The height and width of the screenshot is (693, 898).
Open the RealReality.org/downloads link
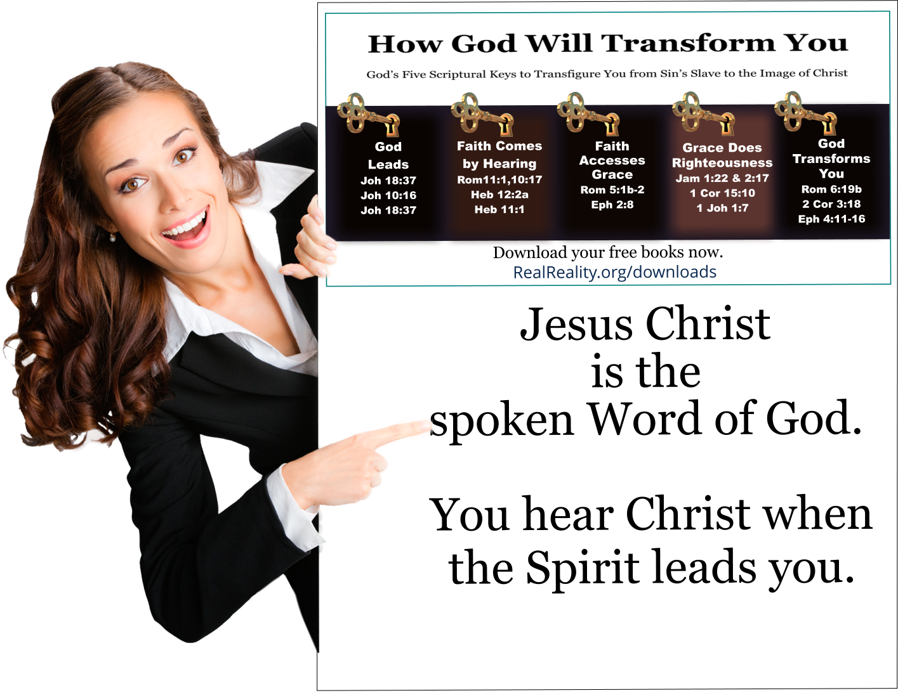pyautogui.click(x=614, y=272)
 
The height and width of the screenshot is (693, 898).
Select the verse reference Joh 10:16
pyautogui.click(x=388, y=195)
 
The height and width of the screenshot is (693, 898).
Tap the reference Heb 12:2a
pyautogui.click(x=499, y=195)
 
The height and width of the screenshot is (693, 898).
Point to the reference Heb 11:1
pyautogui.click(x=499, y=209)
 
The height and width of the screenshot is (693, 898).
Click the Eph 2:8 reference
pyautogui.click(x=612, y=204)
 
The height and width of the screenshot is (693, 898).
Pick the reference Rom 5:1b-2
pyautogui.click(x=612, y=190)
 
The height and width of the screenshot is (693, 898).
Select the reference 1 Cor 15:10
pyautogui.click(x=722, y=193)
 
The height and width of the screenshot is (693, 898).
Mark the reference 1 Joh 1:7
pyautogui.click(x=722, y=207)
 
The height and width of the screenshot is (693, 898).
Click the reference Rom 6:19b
pyautogui.click(x=831, y=189)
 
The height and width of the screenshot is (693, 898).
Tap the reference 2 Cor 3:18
pyautogui.click(x=831, y=204)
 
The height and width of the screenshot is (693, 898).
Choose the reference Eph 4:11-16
pyautogui.click(x=831, y=219)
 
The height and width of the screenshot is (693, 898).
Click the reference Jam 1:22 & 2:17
pyautogui.click(x=722, y=178)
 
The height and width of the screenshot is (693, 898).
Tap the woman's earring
pyautogui.click(x=113, y=238)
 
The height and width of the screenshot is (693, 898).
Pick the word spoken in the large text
pyautogui.click(x=501, y=420)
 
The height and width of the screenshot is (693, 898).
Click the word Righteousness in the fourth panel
pyautogui.click(x=722, y=163)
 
